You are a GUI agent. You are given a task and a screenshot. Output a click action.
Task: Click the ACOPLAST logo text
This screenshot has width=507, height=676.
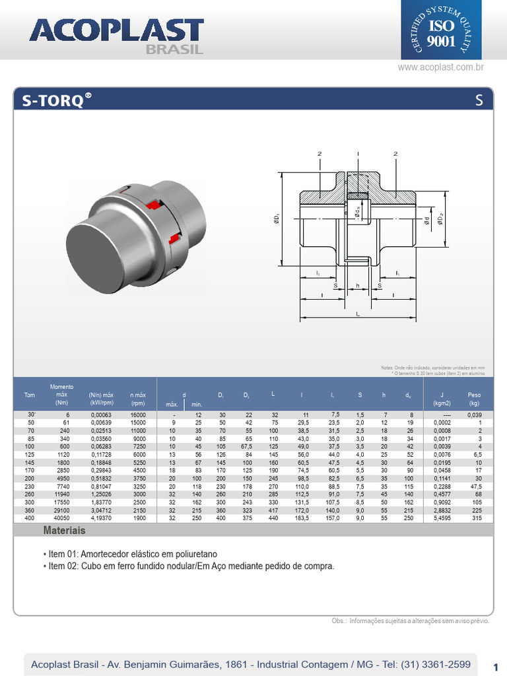(116, 32)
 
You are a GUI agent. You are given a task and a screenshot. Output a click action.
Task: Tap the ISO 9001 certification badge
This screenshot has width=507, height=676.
(441, 31)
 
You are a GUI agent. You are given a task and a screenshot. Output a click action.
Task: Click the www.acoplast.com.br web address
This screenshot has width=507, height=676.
(441, 67)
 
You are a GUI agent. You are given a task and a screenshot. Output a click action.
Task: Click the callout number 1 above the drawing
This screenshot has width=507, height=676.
(357, 154)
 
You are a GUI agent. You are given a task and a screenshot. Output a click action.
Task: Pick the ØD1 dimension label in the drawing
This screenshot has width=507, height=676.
(277, 219)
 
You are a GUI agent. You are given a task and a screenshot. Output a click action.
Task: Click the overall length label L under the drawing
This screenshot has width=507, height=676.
(358, 314)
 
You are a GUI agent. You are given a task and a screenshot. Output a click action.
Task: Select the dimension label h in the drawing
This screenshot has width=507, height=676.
(357, 286)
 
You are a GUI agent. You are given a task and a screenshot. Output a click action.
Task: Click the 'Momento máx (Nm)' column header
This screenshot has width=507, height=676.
(62, 394)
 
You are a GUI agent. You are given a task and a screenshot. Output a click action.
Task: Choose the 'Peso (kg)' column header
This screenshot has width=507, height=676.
(473, 398)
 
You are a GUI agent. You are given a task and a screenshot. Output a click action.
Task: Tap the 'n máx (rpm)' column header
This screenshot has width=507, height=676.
(137, 398)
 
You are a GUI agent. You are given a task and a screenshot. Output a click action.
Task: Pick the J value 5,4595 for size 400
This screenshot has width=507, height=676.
(442, 519)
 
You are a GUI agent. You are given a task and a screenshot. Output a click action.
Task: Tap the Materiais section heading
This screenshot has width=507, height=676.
(64, 531)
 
